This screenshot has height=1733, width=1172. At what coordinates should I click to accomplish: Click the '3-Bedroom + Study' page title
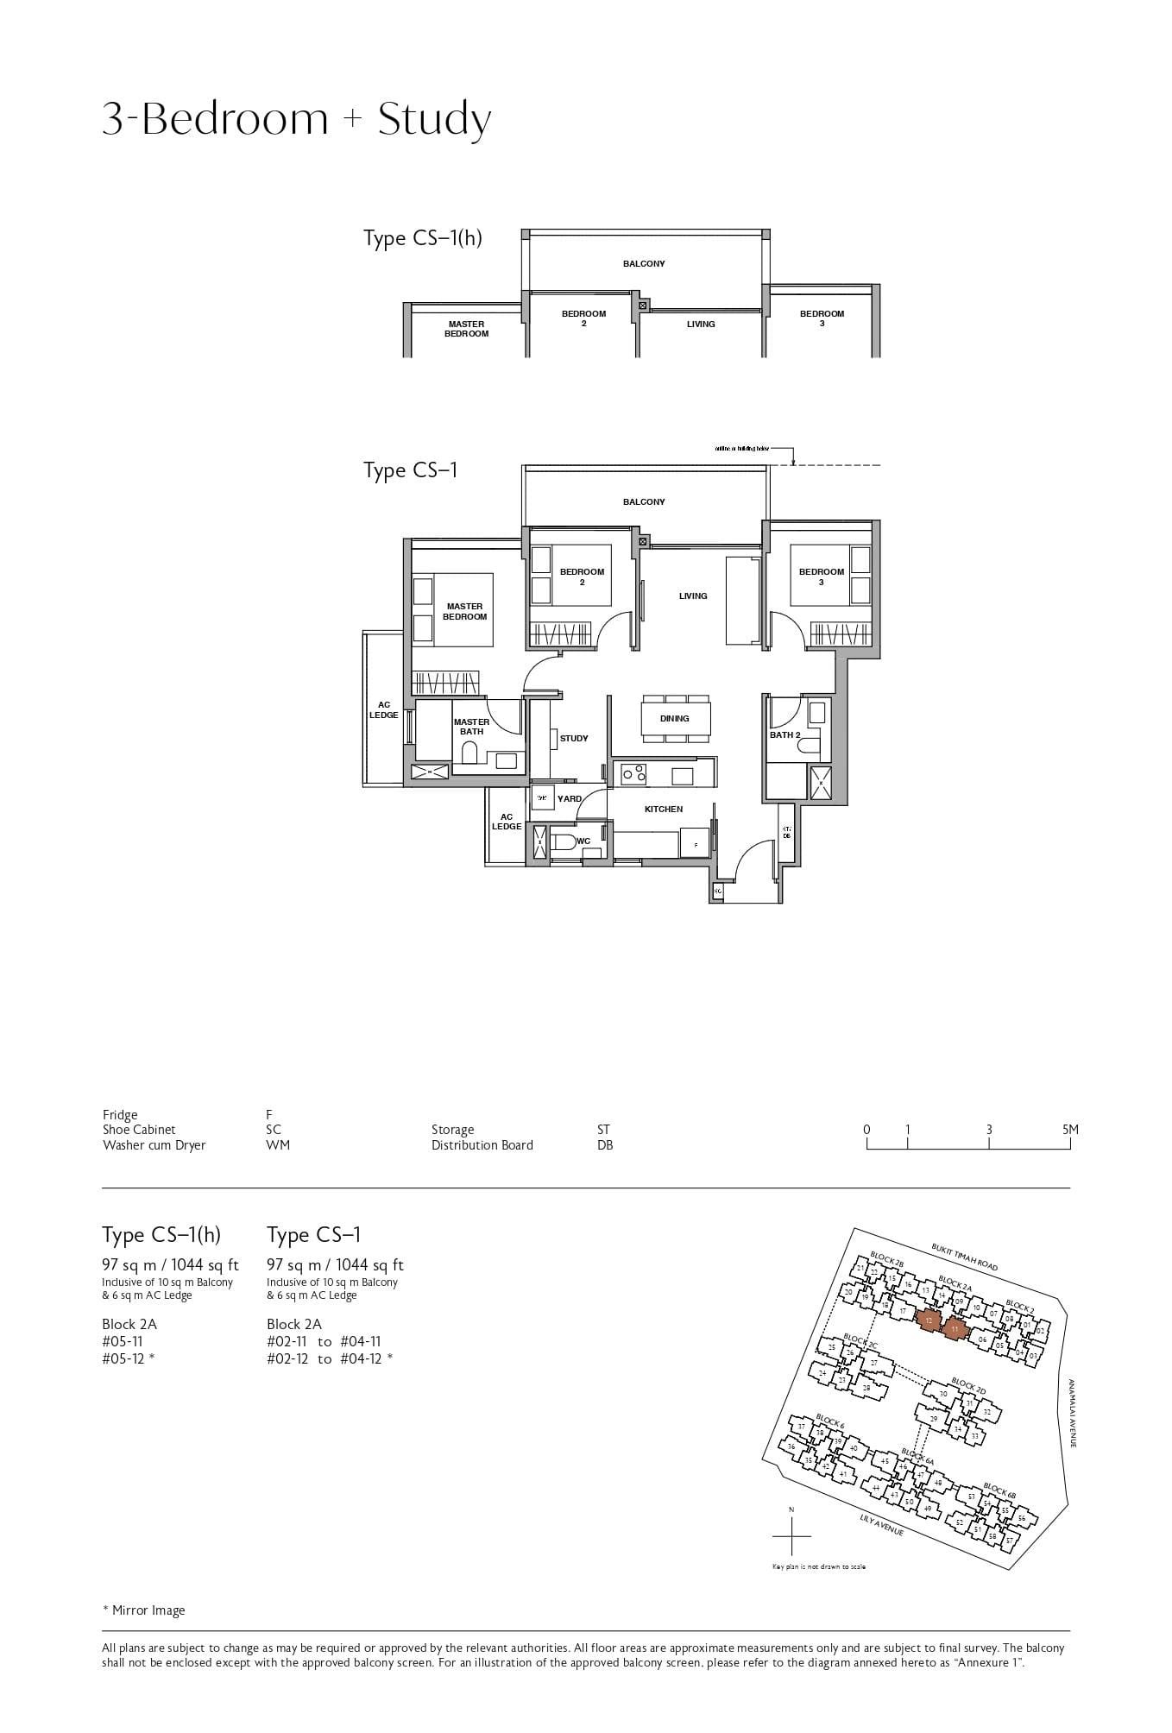(x=296, y=119)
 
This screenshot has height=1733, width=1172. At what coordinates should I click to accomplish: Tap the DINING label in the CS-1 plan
(x=674, y=718)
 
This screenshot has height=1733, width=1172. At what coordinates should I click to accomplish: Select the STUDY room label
(x=574, y=739)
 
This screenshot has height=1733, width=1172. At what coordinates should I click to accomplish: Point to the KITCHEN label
(x=663, y=810)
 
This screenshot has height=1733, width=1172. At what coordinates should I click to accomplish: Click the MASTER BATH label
(x=471, y=727)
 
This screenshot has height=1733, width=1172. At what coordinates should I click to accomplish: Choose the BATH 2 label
(x=784, y=735)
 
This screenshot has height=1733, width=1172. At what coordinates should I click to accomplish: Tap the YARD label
(x=569, y=799)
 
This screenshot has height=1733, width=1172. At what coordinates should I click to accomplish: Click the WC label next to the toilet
(x=583, y=841)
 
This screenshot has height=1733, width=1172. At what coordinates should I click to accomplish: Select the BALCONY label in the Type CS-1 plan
(x=644, y=501)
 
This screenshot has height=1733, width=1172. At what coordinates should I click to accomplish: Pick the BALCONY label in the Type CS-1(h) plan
(x=644, y=263)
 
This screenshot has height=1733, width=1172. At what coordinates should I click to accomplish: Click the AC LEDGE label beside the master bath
(x=384, y=710)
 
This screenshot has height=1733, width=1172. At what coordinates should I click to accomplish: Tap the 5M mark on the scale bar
(x=1070, y=1130)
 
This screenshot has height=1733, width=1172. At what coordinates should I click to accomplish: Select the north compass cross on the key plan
(x=791, y=1537)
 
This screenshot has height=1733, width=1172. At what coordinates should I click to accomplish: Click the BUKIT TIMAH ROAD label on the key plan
(x=964, y=1257)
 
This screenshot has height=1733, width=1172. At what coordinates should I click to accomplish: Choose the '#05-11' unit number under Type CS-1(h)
(x=122, y=1341)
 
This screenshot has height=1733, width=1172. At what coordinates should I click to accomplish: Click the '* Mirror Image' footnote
(x=143, y=1610)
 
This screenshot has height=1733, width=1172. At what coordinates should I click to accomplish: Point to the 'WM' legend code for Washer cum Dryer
(x=278, y=1145)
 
